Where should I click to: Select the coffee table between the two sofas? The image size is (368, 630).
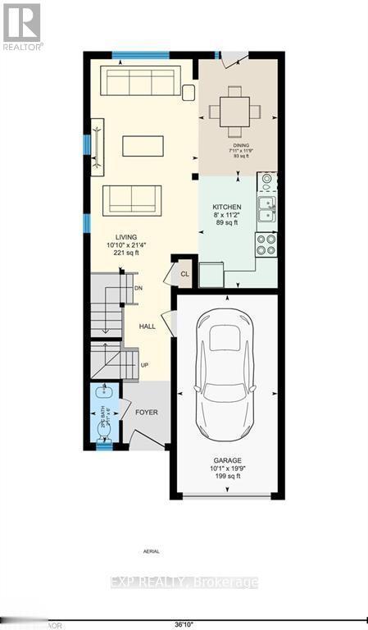click(x=143, y=145)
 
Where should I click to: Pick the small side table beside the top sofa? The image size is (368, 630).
click(x=189, y=92)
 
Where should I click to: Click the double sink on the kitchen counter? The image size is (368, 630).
click(x=266, y=210)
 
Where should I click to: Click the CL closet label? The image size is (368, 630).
click(x=184, y=274)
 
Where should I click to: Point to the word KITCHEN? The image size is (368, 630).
click(x=227, y=207)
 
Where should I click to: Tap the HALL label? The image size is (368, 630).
click(x=147, y=326)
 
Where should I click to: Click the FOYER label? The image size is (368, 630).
click(x=146, y=412)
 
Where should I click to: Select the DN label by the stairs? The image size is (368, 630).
click(x=139, y=288)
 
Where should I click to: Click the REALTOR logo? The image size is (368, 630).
click(x=22, y=26)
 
